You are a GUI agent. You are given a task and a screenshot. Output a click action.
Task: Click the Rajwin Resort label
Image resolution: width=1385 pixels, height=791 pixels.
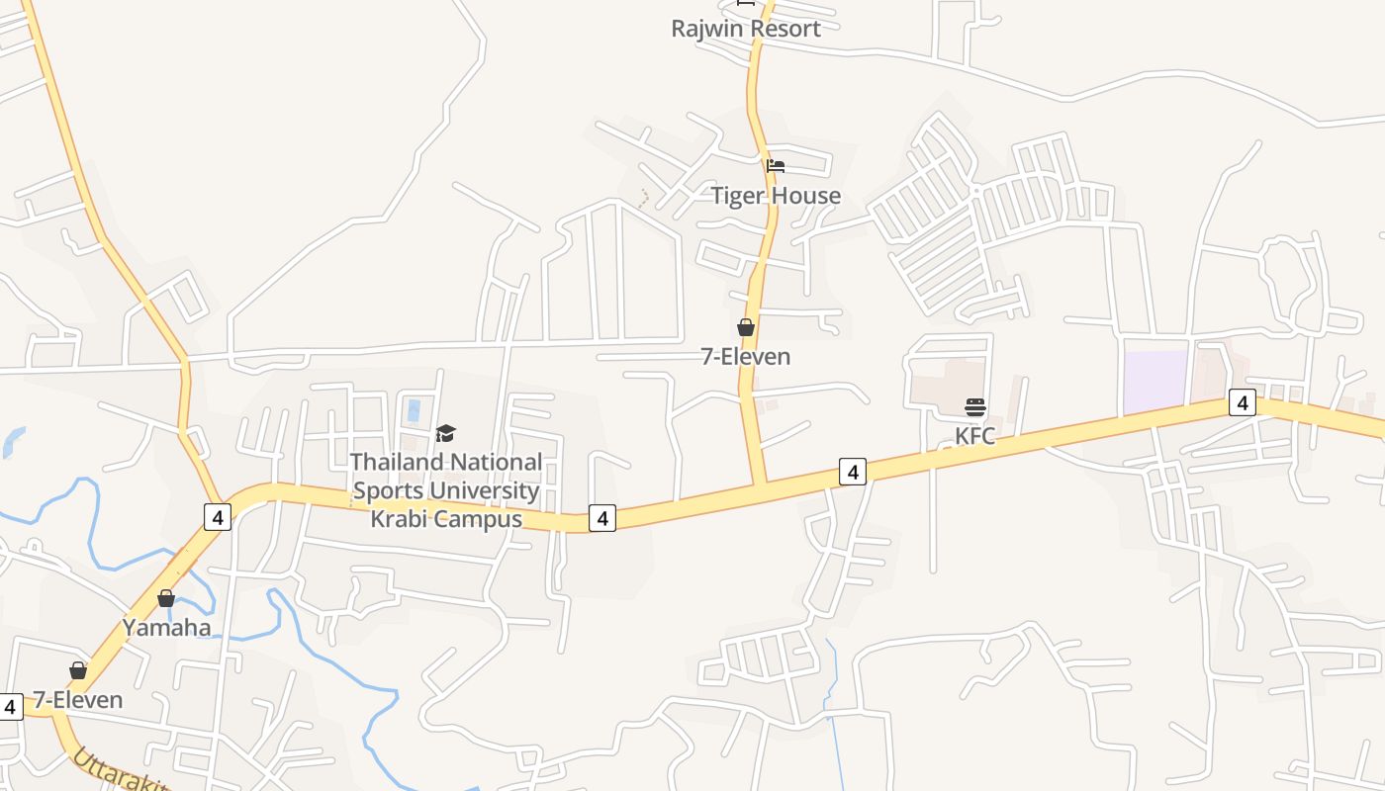(x=746, y=29)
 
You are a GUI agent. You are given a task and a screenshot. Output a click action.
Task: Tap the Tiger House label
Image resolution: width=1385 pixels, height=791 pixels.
(x=776, y=196)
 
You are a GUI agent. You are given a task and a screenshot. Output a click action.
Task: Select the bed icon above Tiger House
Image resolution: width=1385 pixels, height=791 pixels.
(x=776, y=166)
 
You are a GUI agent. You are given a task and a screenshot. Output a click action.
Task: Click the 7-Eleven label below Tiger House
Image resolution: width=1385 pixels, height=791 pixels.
(x=746, y=357)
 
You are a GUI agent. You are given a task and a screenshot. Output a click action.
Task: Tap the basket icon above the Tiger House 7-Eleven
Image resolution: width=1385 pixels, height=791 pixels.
(x=746, y=327)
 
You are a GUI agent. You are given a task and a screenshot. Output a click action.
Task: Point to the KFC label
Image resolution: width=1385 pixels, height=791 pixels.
(x=975, y=436)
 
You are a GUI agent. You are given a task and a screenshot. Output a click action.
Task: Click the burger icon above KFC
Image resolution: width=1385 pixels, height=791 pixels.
(x=975, y=407)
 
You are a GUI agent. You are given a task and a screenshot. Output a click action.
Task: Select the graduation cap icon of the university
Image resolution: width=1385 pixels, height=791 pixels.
(x=446, y=433)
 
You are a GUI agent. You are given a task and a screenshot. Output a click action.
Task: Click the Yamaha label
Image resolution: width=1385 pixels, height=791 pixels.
(x=166, y=628)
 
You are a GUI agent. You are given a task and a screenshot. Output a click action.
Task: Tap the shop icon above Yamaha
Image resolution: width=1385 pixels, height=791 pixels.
(x=166, y=598)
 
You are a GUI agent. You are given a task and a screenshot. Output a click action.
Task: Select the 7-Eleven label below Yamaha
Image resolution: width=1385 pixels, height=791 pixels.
(x=78, y=700)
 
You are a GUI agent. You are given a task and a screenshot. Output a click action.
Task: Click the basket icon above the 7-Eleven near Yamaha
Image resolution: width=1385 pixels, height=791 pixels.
(x=78, y=670)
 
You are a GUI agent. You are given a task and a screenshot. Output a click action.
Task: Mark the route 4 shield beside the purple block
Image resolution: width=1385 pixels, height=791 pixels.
(x=1243, y=402)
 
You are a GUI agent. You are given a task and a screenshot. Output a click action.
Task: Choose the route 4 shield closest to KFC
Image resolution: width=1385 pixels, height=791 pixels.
(x=853, y=472)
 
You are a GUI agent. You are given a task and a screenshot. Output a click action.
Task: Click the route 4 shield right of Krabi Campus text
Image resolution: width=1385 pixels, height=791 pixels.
(x=602, y=517)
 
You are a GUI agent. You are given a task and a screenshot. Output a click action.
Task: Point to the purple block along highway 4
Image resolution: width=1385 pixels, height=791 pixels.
(x=1155, y=382)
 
